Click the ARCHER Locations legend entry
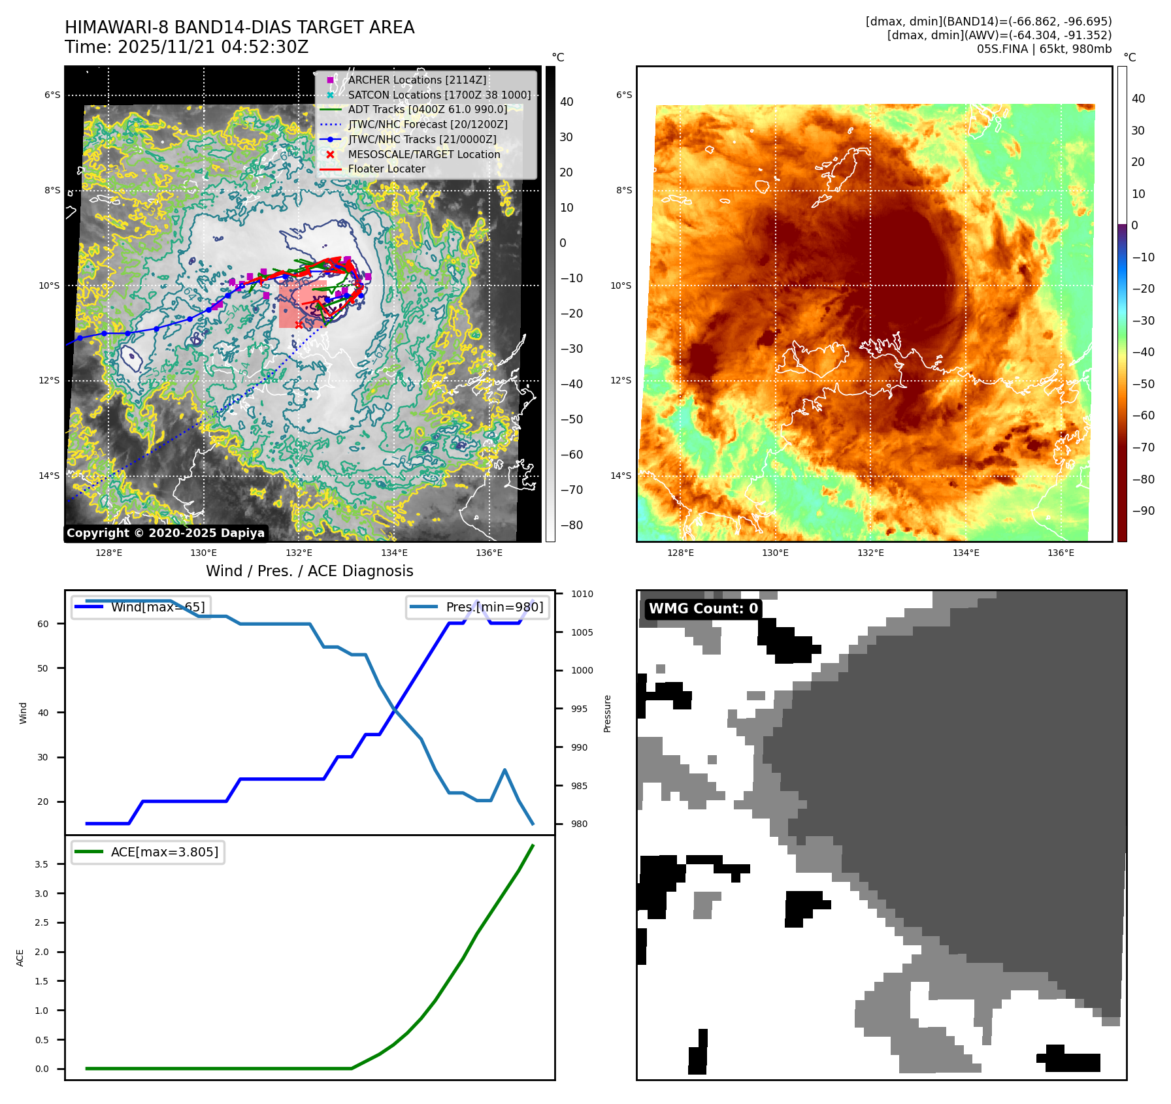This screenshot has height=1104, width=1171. [417, 80]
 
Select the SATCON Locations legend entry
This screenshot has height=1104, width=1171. [439, 95]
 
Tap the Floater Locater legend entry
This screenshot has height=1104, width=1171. [386, 169]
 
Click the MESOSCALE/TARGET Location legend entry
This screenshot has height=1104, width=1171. [424, 154]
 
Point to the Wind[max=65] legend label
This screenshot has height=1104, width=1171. [157, 607]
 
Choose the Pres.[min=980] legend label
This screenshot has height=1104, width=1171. [494, 607]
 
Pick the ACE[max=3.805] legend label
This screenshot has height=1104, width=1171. [165, 852]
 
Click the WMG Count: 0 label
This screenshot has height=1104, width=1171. [703, 609]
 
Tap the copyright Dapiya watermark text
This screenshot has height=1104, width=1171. [165, 533]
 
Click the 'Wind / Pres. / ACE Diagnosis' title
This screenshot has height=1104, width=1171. [310, 571]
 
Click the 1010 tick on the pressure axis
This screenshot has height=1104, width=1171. [582, 594]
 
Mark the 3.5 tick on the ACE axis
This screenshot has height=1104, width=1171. [42, 864]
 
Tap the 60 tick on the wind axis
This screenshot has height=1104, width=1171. [43, 624]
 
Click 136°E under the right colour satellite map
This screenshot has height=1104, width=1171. [1061, 553]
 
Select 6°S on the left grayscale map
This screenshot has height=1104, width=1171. [52, 95]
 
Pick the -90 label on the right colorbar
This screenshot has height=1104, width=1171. [1143, 511]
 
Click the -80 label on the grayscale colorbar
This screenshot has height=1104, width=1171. [571, 525]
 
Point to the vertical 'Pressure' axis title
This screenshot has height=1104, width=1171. [608, 713]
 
